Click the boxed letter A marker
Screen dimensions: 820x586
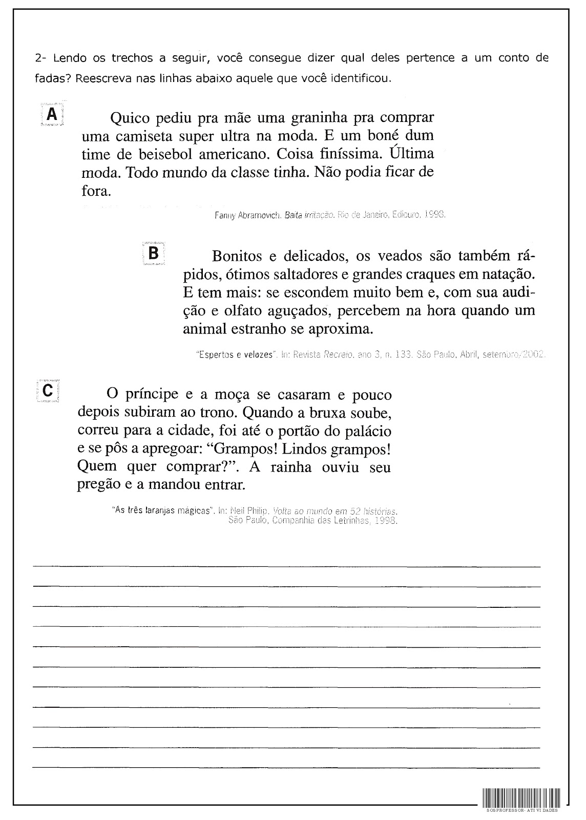tap(52, 115)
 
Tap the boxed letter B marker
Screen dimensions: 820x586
tap(153, 253)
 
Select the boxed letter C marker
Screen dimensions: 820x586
tap(48, 391)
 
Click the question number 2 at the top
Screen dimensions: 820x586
tap(39, 58)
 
